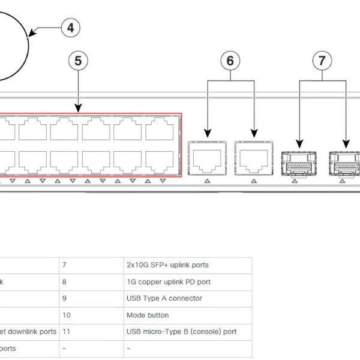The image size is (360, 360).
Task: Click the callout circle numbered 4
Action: click(x=70, y=28)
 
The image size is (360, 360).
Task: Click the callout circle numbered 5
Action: click(x=78, y=60)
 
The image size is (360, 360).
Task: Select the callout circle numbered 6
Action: click(x=230, y=60)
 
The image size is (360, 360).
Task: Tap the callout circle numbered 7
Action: click(x=322, y=60)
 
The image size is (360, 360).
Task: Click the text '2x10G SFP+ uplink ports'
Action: click(x=167, y=265)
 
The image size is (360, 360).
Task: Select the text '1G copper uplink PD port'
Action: click(x=168, y=281)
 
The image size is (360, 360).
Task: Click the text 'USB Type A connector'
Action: click(x=164, y=298)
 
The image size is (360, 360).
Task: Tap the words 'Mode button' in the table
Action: click(x=147, y=315)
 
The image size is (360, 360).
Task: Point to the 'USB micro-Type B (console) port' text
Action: click(x=181, y=331)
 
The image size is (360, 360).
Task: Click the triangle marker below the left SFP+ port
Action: click(x=294, y=180)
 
